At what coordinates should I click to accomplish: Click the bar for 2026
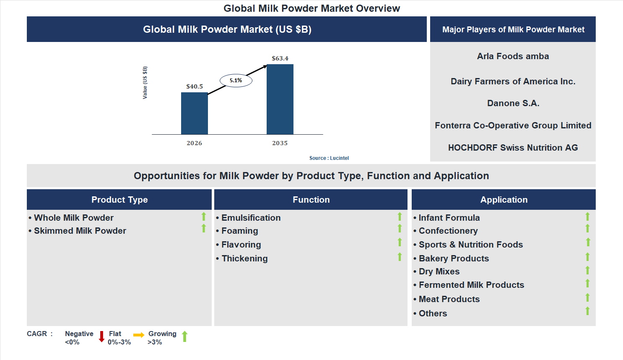(194, 113)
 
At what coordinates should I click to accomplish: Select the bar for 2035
(280, 99)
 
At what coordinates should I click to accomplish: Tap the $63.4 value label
(280, 58)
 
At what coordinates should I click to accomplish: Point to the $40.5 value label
(195, 86)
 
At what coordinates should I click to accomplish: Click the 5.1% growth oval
(236, 81)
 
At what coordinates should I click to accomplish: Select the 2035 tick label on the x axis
(280, 143)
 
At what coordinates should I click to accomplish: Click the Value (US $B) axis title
(145, 83)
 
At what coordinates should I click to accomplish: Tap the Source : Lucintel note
(329, 158)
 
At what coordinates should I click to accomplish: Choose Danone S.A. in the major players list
(513, 103)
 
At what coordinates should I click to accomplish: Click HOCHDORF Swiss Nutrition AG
(513, 148)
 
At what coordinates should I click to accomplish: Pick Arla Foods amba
(513, 56)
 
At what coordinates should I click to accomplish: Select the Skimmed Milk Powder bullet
(80, 231)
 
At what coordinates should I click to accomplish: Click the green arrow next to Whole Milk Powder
(204, 217)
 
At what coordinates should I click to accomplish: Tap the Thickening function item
(244, 258)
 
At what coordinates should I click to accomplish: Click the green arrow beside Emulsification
(400, 217)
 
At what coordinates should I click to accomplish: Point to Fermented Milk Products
(471, 285)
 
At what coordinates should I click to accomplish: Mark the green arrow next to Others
(587, 311)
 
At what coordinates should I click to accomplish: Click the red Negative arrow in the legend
(101, 337)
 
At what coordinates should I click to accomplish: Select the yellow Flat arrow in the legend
(139, 335)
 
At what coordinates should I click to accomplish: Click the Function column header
(311, 200)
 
